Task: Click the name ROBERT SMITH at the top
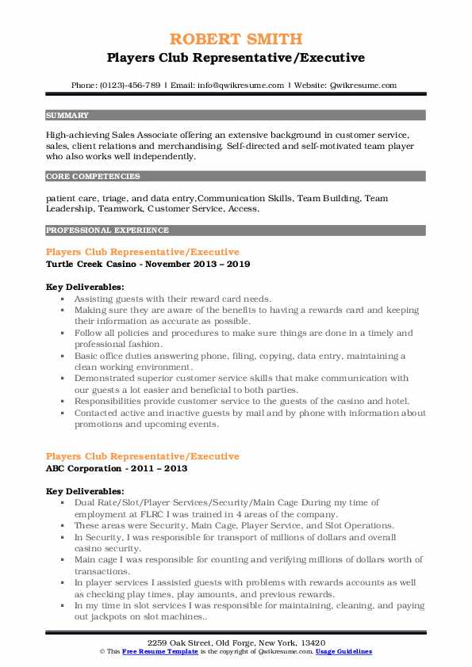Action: tap(236, 39)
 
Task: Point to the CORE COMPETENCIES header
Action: tap(93, 177)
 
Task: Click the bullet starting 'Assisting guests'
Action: tap(173, 299)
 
